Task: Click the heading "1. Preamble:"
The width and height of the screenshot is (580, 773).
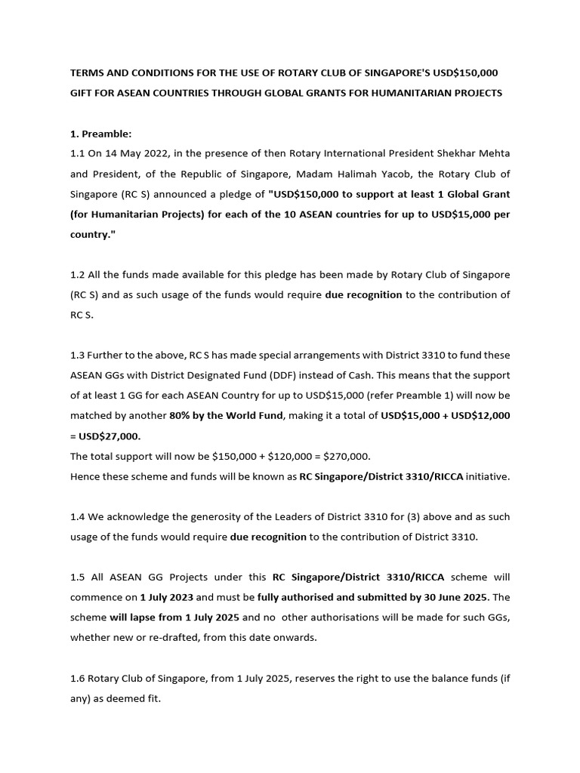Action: point(100,134)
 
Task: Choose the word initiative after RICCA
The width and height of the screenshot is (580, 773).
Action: point(487,476)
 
